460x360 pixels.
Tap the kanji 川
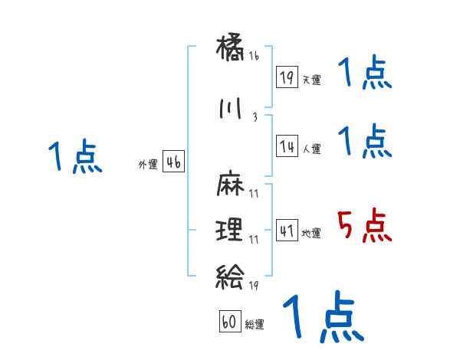[230, 109]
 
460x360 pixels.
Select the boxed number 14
[287, 146]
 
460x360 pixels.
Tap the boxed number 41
[287, 231]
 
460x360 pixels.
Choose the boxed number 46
[173, 162]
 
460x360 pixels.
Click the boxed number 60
[229, 322]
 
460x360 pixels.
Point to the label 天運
[311, 79]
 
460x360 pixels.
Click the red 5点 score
[364, 226]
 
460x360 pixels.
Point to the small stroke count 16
[254, 56]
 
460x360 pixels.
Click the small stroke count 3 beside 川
[254, 117]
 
